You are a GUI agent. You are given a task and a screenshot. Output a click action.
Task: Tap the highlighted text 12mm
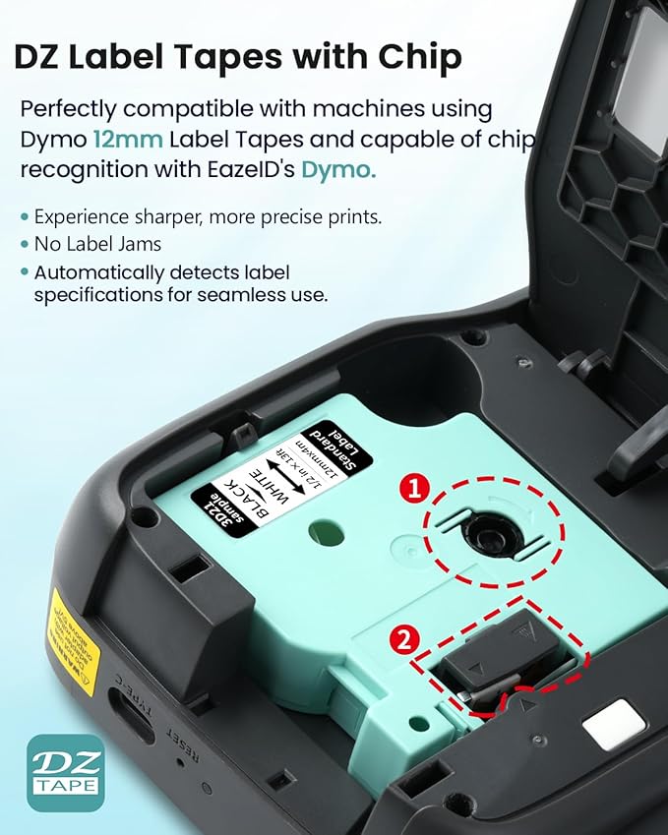(x=125, y=139)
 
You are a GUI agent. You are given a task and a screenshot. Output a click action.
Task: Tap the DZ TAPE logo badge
(x=65, y=772)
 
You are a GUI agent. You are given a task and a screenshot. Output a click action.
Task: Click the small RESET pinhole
(x=179, y=761)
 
